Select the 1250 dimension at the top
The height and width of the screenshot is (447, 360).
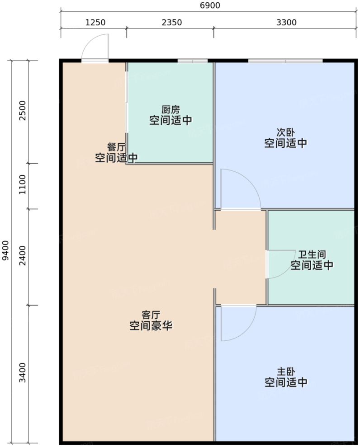tap(95, 22)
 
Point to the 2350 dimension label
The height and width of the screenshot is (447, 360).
tap(171, 22)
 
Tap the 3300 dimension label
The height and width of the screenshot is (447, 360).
tap(286, 22)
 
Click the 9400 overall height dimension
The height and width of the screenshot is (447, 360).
tap(5, 250)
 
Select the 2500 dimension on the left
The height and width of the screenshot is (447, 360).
tap(23, 111)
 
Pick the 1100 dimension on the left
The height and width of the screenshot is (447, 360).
tap(23, 186)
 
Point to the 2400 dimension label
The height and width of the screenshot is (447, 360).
tap(23, 256)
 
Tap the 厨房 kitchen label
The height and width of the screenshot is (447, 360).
tap(171, 110)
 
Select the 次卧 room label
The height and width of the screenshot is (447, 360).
tap(286, 133)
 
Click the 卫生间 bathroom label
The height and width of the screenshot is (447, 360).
tap(312, 255)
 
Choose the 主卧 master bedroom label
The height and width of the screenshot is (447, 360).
tap(286, 372)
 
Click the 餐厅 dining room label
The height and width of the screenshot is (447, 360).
tap(116, 147)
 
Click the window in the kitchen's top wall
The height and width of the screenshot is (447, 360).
tap(192, 61)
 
